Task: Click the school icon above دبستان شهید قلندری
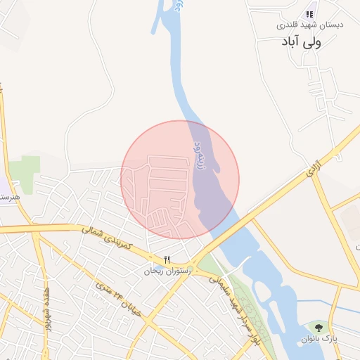(309, 14)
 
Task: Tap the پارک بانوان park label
(321, 338)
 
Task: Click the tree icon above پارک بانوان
(321, 327)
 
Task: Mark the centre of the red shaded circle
(180, 179)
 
